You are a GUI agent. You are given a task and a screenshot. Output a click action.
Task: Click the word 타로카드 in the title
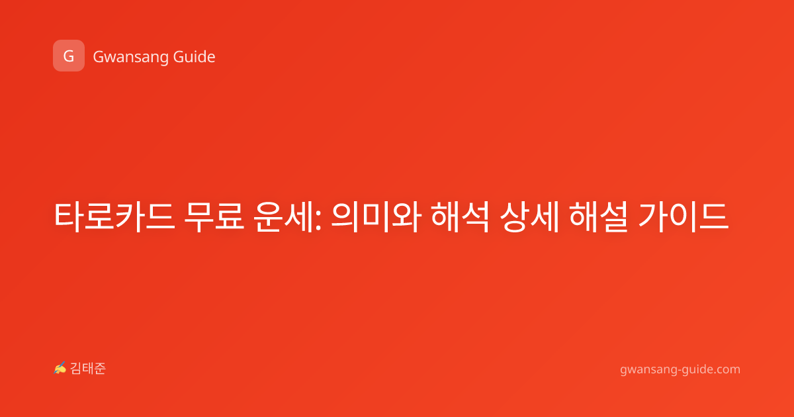[114, 216]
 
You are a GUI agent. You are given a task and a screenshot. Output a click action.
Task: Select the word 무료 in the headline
[214, 216]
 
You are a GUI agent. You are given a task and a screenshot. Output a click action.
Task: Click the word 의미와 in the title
[376, 216]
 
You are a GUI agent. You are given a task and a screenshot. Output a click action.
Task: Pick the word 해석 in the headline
[460, 216]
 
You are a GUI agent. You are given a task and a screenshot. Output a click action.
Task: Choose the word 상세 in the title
[529, 216]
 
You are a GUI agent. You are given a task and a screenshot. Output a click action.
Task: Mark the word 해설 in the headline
[598, 216]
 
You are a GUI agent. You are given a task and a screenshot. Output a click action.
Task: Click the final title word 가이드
[683, 216]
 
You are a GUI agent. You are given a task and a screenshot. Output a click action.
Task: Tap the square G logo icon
[69, 56]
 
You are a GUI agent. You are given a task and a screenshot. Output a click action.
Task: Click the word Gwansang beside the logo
[130, 57]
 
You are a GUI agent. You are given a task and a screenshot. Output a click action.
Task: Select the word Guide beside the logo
[194, 57]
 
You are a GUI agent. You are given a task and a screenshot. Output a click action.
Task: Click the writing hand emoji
[60, 368]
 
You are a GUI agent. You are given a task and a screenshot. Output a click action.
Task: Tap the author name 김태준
[88, 369]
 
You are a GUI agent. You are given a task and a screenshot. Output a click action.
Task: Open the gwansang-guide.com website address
[680, 369]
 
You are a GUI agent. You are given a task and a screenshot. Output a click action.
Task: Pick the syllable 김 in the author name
[76, 369]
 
